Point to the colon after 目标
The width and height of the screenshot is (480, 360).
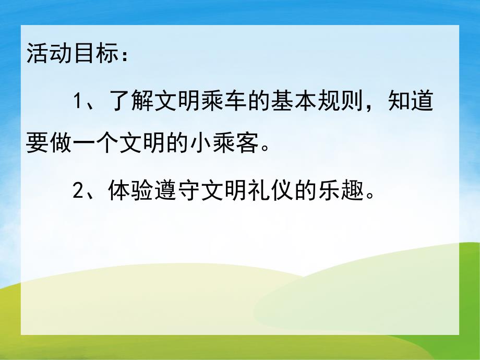click(x=123, y=56)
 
